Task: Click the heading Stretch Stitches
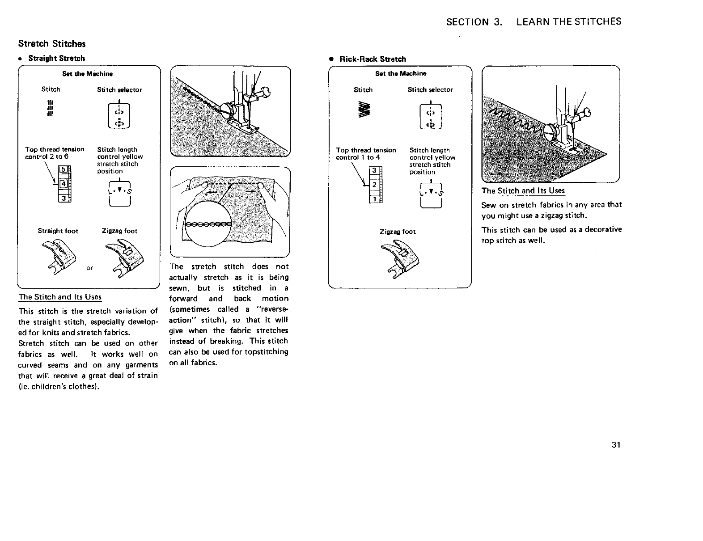point(51,44)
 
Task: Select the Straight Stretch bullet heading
point(56,58)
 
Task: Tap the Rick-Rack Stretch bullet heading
point(373,59)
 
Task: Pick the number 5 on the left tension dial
point(64,170)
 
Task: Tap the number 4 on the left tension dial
point(64,184)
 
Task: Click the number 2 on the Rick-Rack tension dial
point(375,185)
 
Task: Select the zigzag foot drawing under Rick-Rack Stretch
point(398,261)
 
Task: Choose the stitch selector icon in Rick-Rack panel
point(430,116)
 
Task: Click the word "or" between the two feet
point(90,268)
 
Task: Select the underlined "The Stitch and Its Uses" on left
point(60,297)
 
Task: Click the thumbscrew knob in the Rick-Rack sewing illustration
point(550,132)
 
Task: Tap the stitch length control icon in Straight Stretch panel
point(120,195)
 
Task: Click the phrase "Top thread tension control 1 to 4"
point(366,154)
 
